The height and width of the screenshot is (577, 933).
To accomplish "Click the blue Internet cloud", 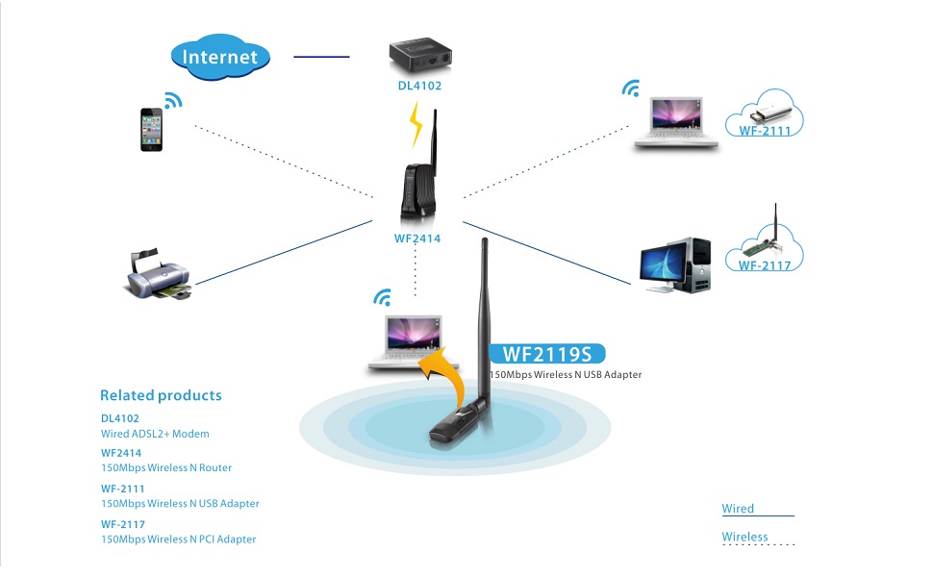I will tap(220, 56).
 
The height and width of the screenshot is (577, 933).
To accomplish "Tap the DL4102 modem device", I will tap(419, 57).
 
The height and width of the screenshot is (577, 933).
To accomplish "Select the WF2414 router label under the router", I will tap(417, 238).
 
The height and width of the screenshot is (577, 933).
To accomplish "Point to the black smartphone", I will tap(152, 129).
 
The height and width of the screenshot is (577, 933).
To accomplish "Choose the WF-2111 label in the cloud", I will tap(765, 130).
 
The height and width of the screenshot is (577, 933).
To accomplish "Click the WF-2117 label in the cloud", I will tap(765, 264).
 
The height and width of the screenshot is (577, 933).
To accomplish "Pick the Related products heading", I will tap(161, 395).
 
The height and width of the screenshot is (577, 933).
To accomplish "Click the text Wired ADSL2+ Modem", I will tap(155, 434).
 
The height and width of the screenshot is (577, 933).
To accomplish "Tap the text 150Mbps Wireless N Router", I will tap(165, 468).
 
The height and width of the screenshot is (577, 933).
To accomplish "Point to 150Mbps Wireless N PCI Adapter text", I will tap(178, 539).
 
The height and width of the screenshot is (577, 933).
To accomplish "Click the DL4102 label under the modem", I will tap(419, 86).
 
